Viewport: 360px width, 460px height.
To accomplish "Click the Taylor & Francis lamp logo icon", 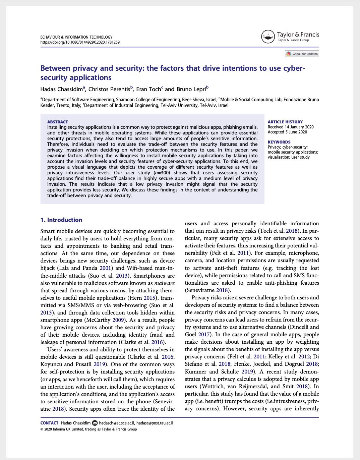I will point(268,37).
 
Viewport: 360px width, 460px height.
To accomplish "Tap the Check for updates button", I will point(302,54).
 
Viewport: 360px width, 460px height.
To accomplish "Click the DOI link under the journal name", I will point(80,43).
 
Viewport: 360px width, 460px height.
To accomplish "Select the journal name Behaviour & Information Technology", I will point(76,37).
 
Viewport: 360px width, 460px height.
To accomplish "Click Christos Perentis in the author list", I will point(109,89).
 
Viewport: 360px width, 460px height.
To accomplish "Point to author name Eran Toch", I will point(148,89).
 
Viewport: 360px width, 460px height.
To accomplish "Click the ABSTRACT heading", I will point(58,122).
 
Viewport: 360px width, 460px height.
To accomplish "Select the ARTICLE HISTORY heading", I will point(285,122).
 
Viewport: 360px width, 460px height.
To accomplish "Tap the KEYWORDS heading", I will point(279,142).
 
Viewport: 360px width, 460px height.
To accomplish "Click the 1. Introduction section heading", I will point(61,220).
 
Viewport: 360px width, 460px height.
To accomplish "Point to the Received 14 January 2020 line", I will point(291,127).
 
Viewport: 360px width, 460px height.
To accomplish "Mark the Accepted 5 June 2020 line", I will point(287,132).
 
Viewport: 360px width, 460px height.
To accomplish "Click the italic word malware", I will point(164,283).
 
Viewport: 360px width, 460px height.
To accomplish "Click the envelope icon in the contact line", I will point(95,423).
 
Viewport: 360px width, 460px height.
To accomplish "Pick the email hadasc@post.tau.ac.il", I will point(155,423).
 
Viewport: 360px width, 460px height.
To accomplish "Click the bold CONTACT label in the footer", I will point(49,423).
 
